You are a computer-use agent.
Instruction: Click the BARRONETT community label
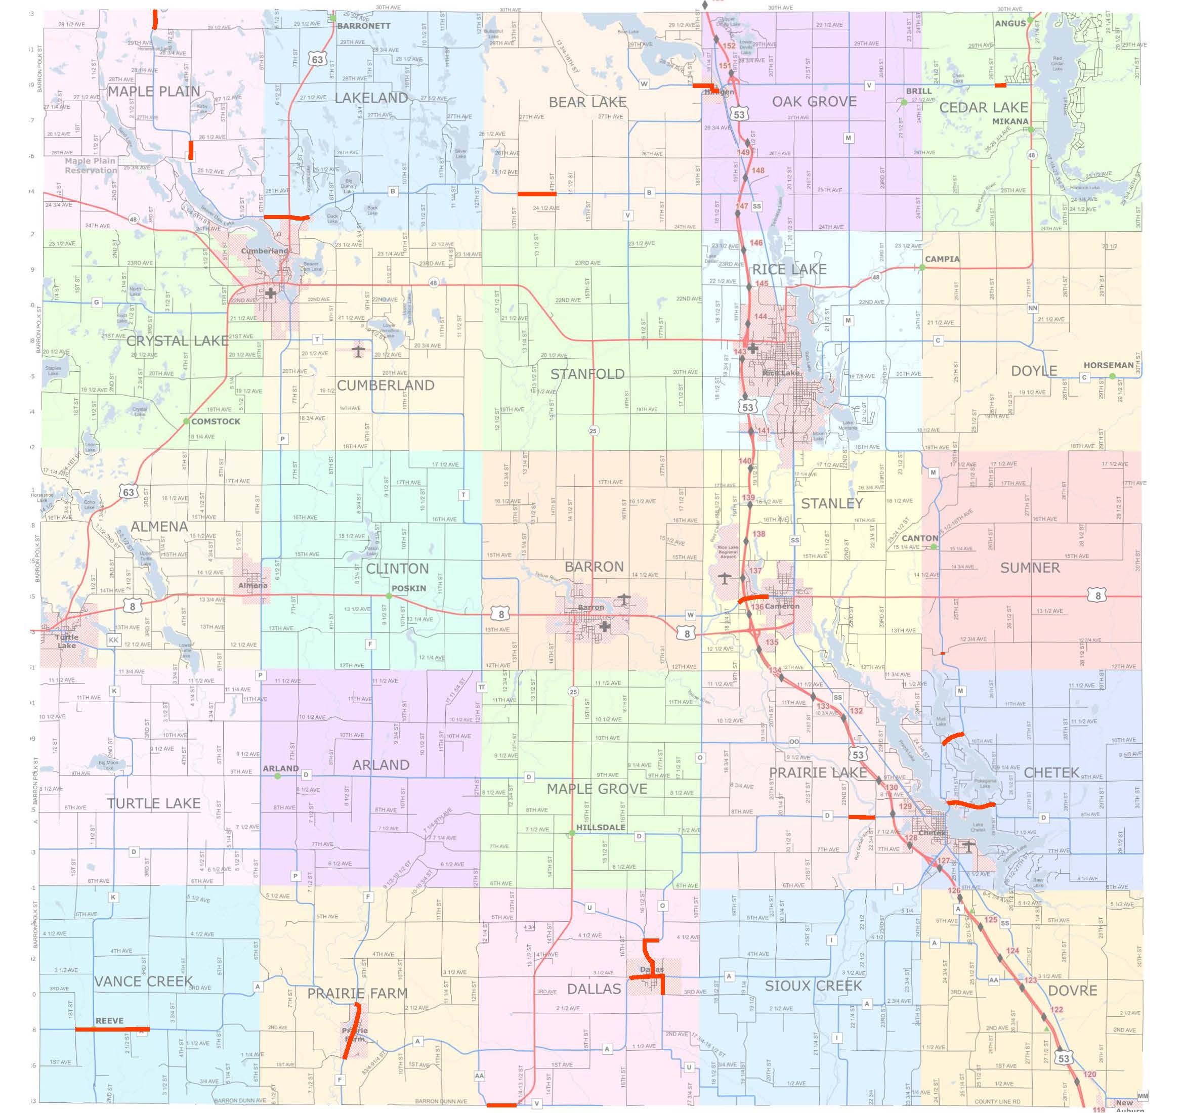[364, 26]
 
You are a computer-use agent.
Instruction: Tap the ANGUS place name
[1010, 24]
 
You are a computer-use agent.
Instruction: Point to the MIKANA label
[1010, 121]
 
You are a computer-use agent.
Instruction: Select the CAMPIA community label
[942, 260]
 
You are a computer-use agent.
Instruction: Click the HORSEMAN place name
[1108, 365]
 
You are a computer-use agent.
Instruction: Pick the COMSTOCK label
[216, 421]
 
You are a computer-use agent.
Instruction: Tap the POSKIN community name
[408, 588]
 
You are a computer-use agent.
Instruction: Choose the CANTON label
[919, 538]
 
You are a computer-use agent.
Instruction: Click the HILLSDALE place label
[601, 828]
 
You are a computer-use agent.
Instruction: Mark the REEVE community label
[109, 1021]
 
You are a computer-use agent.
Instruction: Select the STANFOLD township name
[587, 374]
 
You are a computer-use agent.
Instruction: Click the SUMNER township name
[1030, 568]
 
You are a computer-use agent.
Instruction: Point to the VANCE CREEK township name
[143, 981]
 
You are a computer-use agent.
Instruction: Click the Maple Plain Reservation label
[91, 165]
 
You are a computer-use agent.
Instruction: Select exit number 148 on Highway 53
[757, 170]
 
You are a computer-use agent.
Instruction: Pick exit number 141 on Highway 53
[763, 431]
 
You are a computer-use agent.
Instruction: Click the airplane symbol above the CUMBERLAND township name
[358, 351]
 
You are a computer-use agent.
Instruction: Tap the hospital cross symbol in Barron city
[605, 626]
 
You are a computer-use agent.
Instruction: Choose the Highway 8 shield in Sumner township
[1097, 595]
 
